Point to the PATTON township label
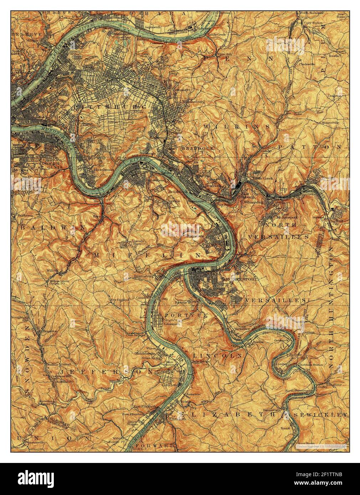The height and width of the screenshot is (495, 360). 310,147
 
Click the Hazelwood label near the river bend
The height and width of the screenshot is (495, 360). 103,170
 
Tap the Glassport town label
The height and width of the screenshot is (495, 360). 172,324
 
